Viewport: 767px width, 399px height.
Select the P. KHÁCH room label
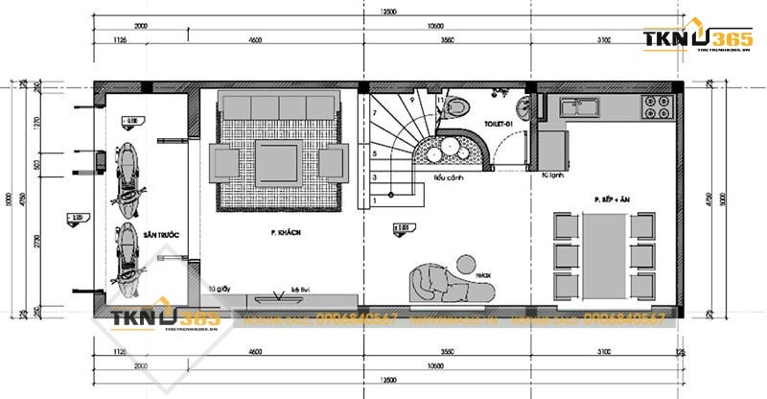click(286, 233)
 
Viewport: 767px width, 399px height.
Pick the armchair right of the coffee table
click(331, 162)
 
